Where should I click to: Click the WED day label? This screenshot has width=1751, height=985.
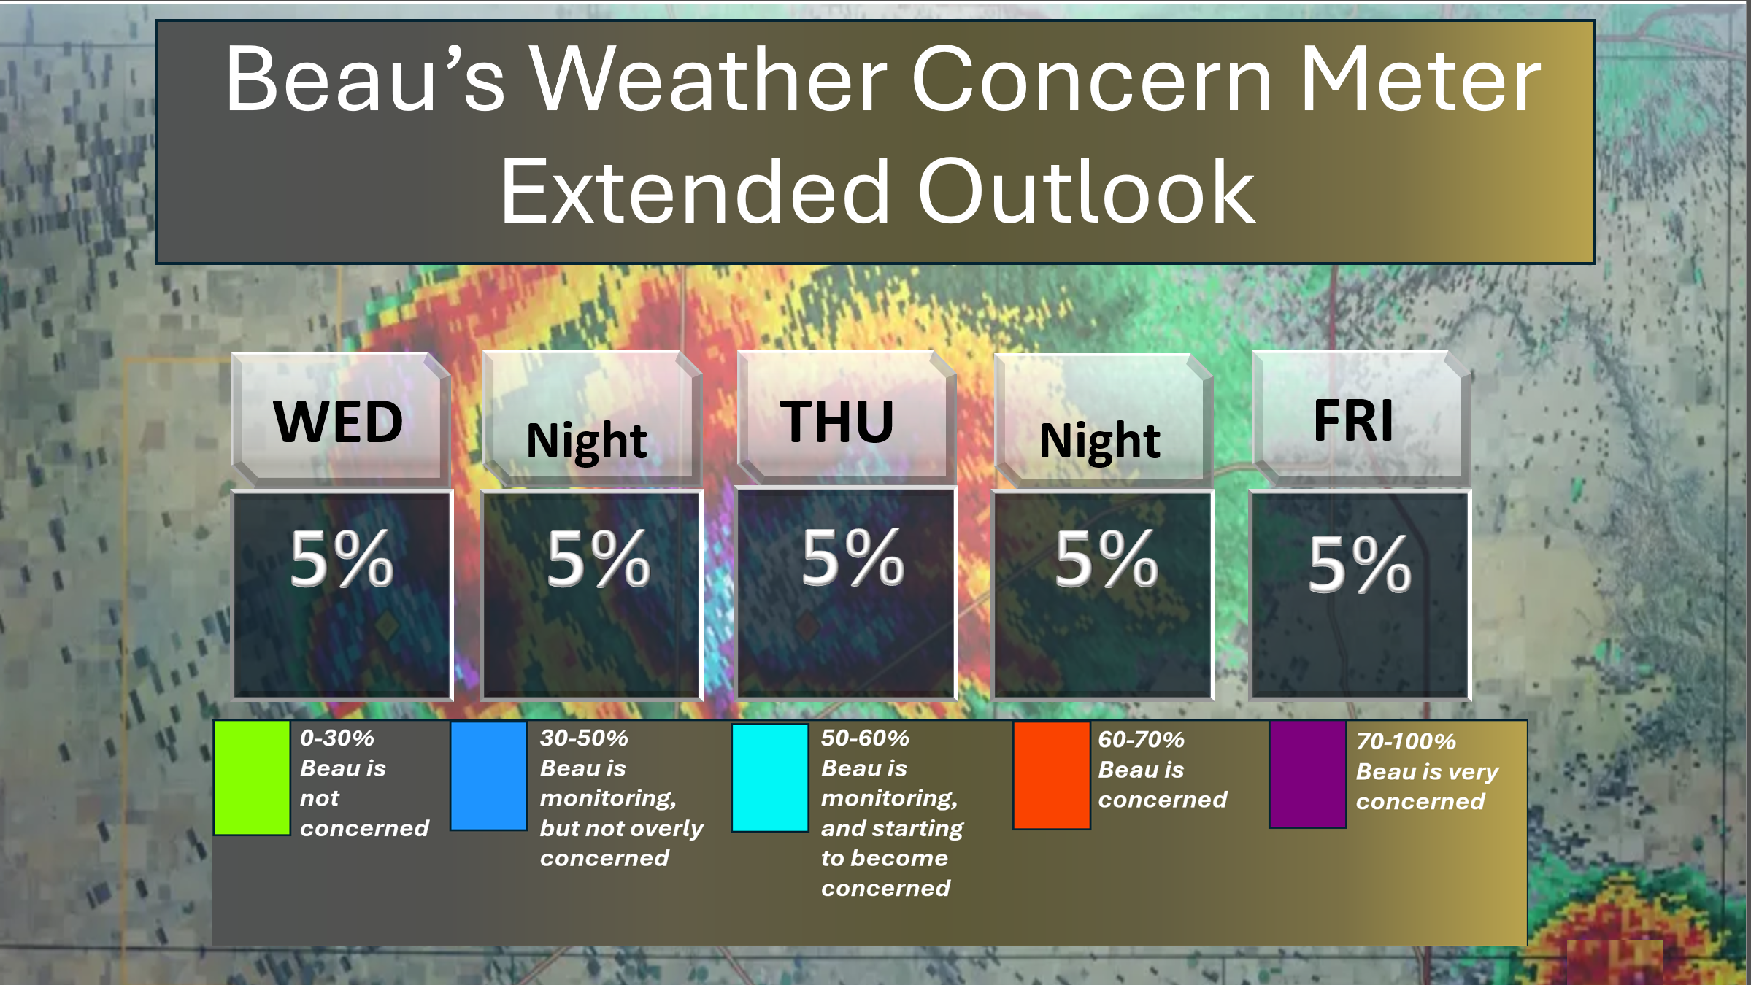pyautogui.click(x=338, y=422)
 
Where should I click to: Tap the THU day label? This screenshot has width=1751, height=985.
pyautogui.click(x=836, y=422)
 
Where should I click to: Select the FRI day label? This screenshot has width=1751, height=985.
pyautogui.click(x=1353, y=420)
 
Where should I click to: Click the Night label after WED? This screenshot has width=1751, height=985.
pyautogui.click(x=586, y=441)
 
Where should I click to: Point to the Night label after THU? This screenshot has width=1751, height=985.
pyautogui.click(x=1099, y=441)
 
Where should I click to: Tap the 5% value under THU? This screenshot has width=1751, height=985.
pyautogui.click(x=853, y=557)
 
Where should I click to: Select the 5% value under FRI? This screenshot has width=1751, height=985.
pyautogui.click(x=1359, y=564)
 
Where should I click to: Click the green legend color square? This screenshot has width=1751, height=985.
pyautogui.click(x=252, y=778)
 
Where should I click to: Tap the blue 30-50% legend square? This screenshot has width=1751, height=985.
pyautogui.click(x=488, y=776)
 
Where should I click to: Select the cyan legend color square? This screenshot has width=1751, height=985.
pyautogui.click(x=769, y=778)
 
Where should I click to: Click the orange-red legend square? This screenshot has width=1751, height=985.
pyautogui.click(x=1051, y=776)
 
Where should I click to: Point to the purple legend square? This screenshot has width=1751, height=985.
pyautogui.click(x=1307, y=774)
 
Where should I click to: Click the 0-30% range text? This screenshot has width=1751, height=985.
pyautogui.click(x=336, y=738)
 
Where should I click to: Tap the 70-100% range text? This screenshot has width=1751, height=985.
pyautogui.click(x=1406, y=741)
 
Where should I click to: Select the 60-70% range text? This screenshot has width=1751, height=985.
pyautogui.click(x=1141, y=739)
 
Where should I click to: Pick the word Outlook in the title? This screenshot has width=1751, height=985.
pyautogui.click(x=1086, y=191)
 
